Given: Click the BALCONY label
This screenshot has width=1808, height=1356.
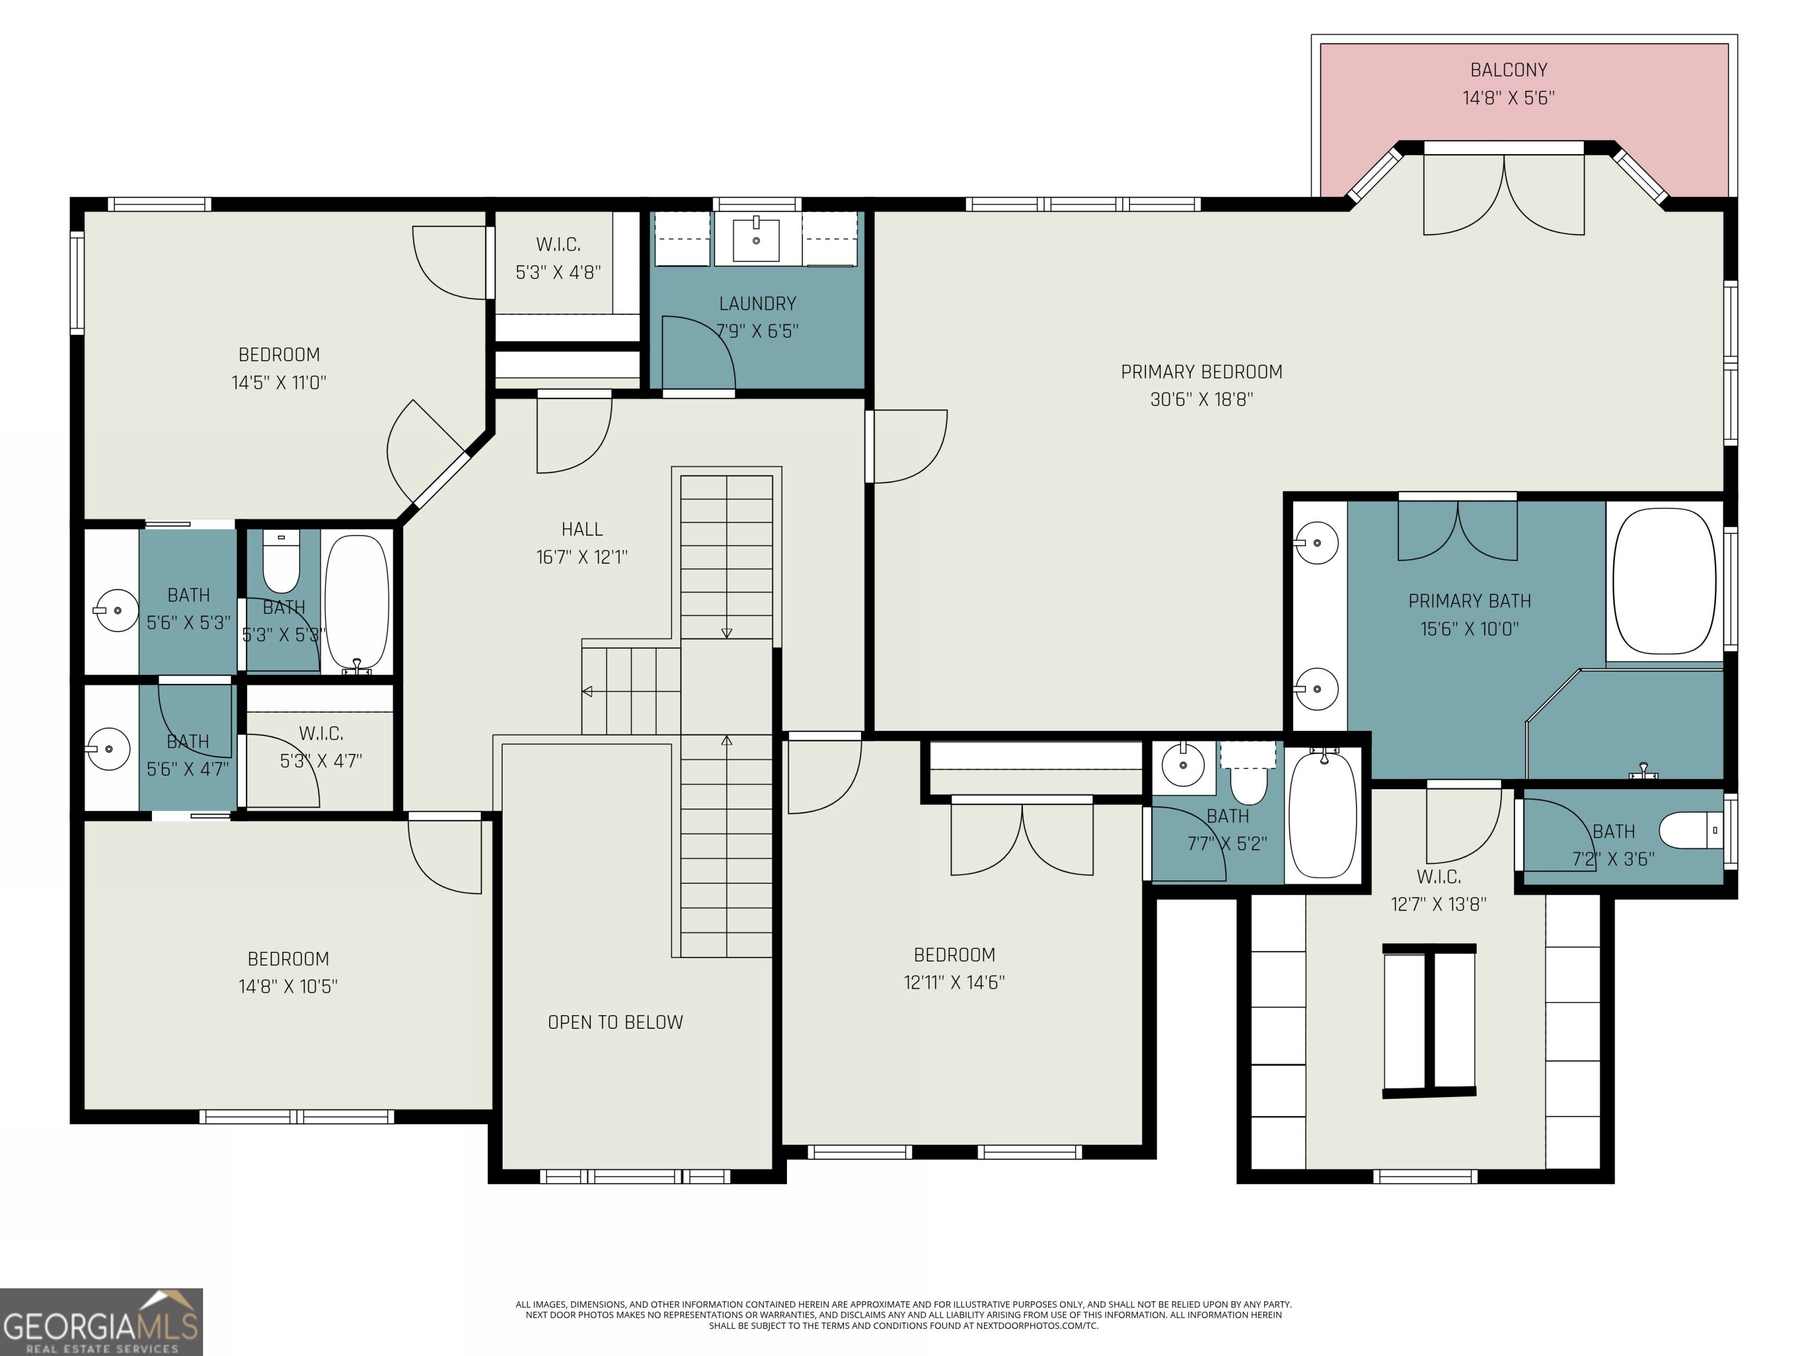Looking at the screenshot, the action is point(1508,70).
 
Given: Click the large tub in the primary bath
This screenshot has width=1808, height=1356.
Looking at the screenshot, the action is point(1664,581).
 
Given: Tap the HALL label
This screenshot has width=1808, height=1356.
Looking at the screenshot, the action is point(582,530).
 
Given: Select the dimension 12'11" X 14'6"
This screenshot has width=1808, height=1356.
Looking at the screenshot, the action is point(954,982).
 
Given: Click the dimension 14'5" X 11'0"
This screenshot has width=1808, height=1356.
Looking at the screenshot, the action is point(279,383).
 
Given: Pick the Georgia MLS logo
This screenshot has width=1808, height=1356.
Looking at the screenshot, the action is point(101,1322).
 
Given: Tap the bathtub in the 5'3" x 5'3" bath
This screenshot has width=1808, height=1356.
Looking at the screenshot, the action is point(357,603).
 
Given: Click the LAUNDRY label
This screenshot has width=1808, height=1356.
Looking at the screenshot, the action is point(757,304).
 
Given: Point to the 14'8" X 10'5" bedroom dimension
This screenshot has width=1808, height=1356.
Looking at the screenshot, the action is point(288,986).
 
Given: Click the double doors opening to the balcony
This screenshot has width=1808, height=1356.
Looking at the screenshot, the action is point(1504,195).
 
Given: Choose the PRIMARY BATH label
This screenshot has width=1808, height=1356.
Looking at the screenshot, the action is point(1470,601).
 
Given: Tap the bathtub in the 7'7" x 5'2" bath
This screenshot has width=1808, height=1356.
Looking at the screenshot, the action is point(1323,816).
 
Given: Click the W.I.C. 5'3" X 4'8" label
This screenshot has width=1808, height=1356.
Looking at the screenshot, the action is point(559,258).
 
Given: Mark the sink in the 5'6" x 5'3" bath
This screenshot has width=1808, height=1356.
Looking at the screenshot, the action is point(117,610).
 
